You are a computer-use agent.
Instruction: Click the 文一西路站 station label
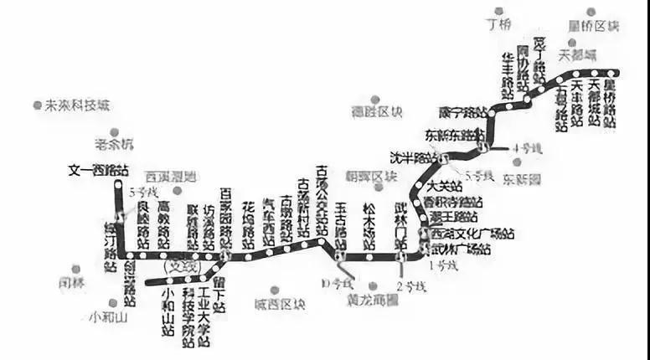(x=98, y=170)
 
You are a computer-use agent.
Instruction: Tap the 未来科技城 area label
(x=76, y=105)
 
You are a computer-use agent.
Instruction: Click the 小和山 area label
(x=108, y=317)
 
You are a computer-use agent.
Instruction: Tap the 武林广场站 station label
(x=461, y=249)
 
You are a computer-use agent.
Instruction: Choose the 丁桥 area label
(x=498, y=24)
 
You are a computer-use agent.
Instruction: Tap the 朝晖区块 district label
(x=370, y=177)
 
